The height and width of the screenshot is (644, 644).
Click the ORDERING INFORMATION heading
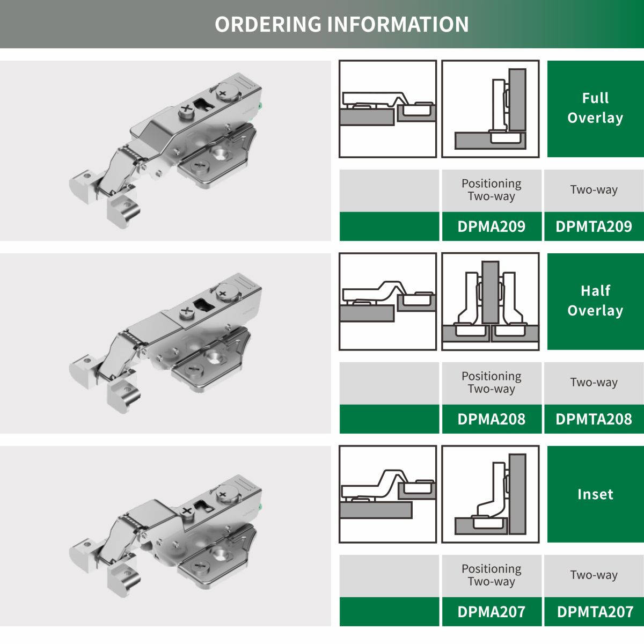tap(341, 24)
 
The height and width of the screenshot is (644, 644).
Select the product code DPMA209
tap(491, 226)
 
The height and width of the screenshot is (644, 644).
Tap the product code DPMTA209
tap(594, 226)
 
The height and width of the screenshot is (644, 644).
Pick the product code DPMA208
tap(491, 419)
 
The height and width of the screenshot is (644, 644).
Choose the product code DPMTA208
tap(594, 419)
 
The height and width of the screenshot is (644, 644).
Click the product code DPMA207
tap(491, 612)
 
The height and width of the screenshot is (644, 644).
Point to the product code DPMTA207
tap(595, 612)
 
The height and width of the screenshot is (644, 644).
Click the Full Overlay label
tap(595, 108)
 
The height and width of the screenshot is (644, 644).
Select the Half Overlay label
tap(595, 301)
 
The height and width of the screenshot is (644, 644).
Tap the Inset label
tap(595, 494)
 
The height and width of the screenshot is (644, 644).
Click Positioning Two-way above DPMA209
tap(491, 190)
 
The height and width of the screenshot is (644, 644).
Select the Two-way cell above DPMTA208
tap(594, 382)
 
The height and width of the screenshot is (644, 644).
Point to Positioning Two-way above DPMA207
tap(491, 575)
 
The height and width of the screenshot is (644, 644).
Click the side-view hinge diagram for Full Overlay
tap(387, 109)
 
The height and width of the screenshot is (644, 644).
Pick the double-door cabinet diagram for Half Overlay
tap(491, 302)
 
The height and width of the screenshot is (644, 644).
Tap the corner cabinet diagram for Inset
tap(491, 494)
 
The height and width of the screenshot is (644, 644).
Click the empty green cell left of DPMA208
tap(389, 419)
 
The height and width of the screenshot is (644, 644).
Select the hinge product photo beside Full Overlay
tap(165, 151)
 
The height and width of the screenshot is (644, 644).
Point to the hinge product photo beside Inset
tap(165, 536)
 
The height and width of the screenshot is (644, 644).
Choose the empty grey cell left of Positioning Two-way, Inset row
tap(389, 575)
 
